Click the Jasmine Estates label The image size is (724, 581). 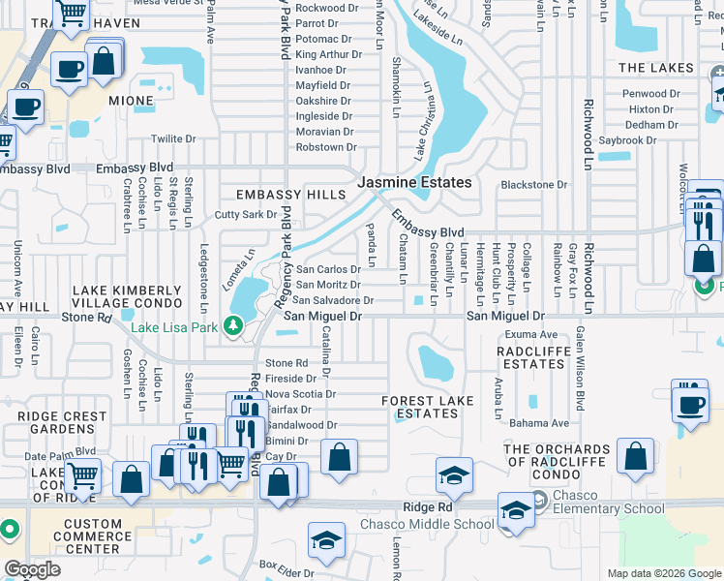414,182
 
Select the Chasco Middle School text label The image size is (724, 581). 427,525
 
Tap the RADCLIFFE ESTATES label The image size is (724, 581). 532,357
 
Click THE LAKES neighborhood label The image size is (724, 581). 655,68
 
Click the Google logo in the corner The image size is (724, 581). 32,568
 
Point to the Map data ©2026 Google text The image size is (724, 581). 663,573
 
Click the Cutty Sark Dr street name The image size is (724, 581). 246,215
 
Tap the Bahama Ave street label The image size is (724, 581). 540,423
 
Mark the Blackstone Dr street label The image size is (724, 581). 534,185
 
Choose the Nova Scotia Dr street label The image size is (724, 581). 300,394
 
